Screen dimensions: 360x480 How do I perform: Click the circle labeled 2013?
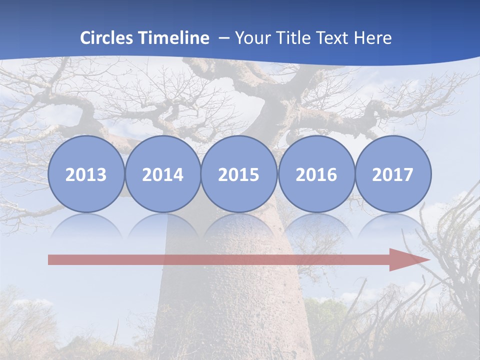pos(86,174)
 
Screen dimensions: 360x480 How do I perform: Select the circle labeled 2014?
pos(163,174)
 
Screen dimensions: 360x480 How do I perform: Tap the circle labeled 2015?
pos(239,174)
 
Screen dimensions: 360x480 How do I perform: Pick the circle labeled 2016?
pos(316,174)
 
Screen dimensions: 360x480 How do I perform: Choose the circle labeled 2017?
pos(393,174)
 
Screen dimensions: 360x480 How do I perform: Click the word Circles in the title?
pos(107,38)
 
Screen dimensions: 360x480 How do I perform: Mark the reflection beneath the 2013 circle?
pos(86,225)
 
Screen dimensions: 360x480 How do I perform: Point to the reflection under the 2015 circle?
pos(239,225)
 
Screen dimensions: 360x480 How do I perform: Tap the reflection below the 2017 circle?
pos(393,225)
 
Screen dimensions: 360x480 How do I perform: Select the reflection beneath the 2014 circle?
pos(163,225)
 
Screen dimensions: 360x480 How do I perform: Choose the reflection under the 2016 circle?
pos(316,225)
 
